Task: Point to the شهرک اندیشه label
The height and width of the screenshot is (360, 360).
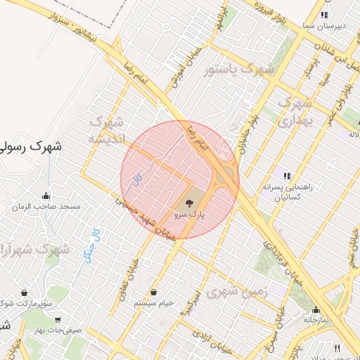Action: coord(106,131)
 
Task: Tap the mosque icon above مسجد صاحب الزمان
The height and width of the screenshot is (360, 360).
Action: coord(47,196)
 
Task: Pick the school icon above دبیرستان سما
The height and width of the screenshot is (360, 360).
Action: coord(323,15)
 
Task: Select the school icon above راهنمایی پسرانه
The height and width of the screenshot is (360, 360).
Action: coord(286,176)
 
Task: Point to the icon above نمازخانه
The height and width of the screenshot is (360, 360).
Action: coord(316,309)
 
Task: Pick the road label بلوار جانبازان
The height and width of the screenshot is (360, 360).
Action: coord(247,129)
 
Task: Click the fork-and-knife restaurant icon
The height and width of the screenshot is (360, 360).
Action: coord(337,348)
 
